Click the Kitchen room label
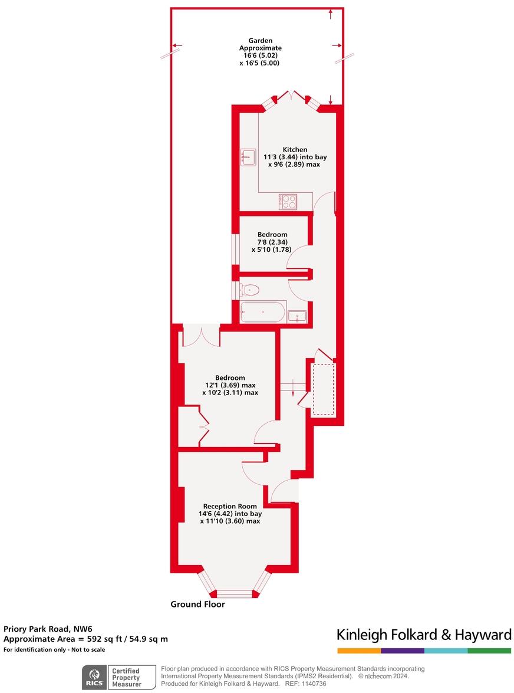[x=294, y=149]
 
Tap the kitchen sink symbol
[x=248, y=157]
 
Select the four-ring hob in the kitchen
[x=288, y=201]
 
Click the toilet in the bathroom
[x=251, y=290]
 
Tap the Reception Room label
[x=230, y=506]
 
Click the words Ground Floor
[x=197, y=604]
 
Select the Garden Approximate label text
[x=260, y=44]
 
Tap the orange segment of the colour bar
[x=359, y=651]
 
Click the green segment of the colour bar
[x=489, y=651]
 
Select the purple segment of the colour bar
[x=403, y=651]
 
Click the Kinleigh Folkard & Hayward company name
[x=424, y=635]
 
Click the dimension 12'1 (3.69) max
[x=230, y=385]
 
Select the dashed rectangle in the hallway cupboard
[x=323, y=389]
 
